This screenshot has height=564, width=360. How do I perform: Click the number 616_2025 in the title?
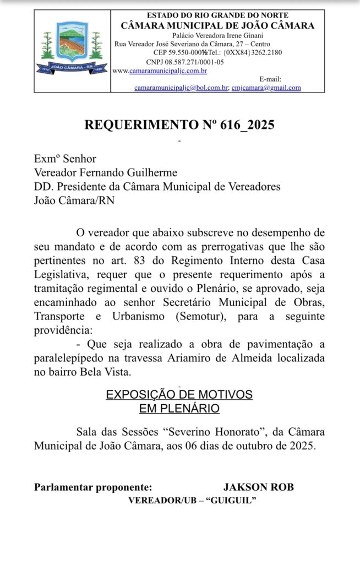247,125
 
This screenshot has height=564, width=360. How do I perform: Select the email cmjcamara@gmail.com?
266,88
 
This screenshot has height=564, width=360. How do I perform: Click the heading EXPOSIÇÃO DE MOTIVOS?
179,395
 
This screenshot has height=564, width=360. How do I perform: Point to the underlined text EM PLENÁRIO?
179,409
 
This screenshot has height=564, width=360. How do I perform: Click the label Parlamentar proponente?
92,487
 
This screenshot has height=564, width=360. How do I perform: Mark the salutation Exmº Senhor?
65,159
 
